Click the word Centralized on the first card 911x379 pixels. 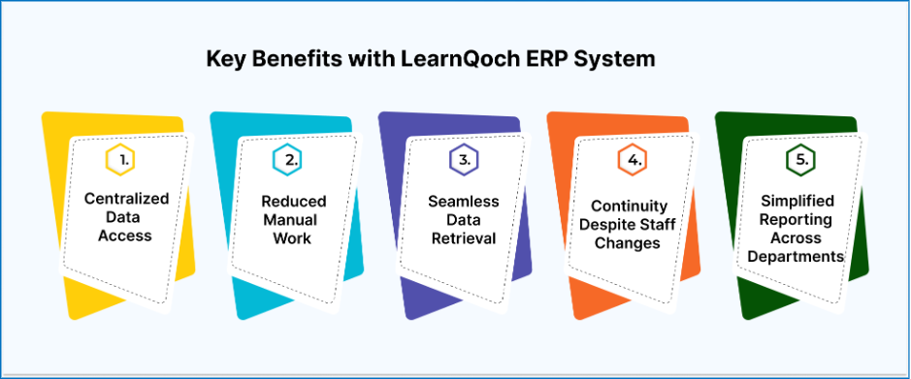click(x=127, y=199)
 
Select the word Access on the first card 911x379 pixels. click(x=127, y=236)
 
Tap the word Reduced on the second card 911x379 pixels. click(x=294, y=202)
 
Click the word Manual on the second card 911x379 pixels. click(x=294, y=220)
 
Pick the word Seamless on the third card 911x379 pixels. click(x=463, y=202)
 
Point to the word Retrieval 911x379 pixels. click(x=463, y=238)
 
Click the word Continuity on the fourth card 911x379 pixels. click(x=630, y=206)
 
